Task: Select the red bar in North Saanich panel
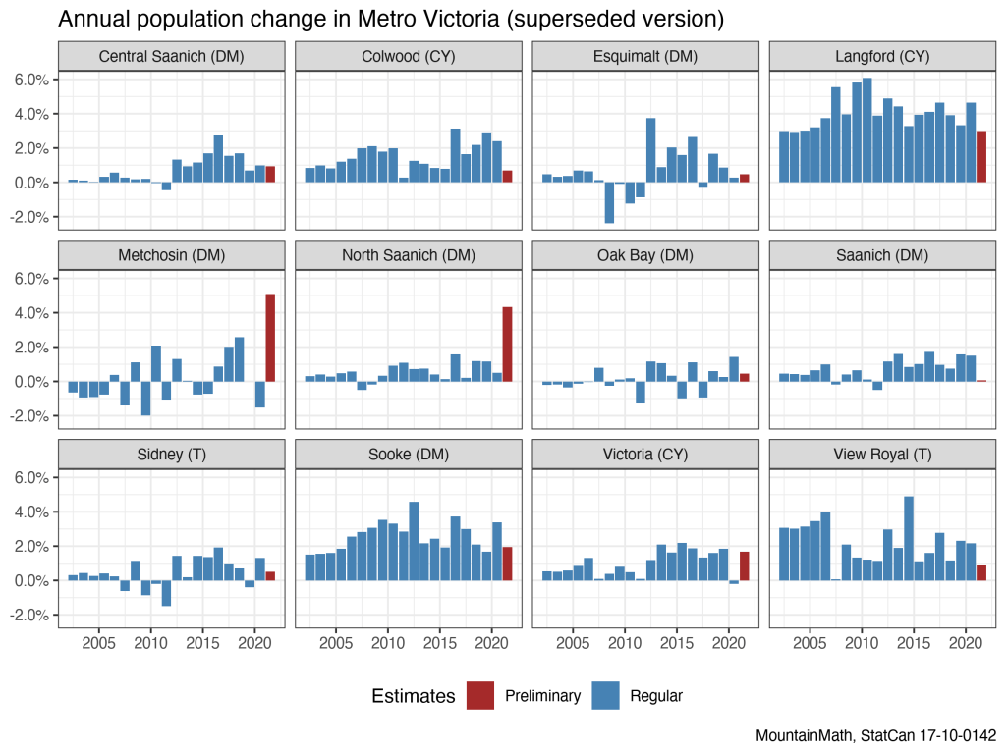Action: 507,345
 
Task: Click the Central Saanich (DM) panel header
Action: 171,57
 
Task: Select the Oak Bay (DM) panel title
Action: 645,255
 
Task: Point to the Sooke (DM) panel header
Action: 409,455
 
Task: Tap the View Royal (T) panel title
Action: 882,455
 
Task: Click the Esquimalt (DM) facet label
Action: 645,57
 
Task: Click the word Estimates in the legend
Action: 414,696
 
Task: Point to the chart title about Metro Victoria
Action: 391,19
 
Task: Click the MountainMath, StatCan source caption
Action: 876,734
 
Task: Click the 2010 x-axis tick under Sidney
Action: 150,643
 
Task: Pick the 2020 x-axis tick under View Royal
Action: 964,643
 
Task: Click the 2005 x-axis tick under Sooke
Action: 336,643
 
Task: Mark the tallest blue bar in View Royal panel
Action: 909,539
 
